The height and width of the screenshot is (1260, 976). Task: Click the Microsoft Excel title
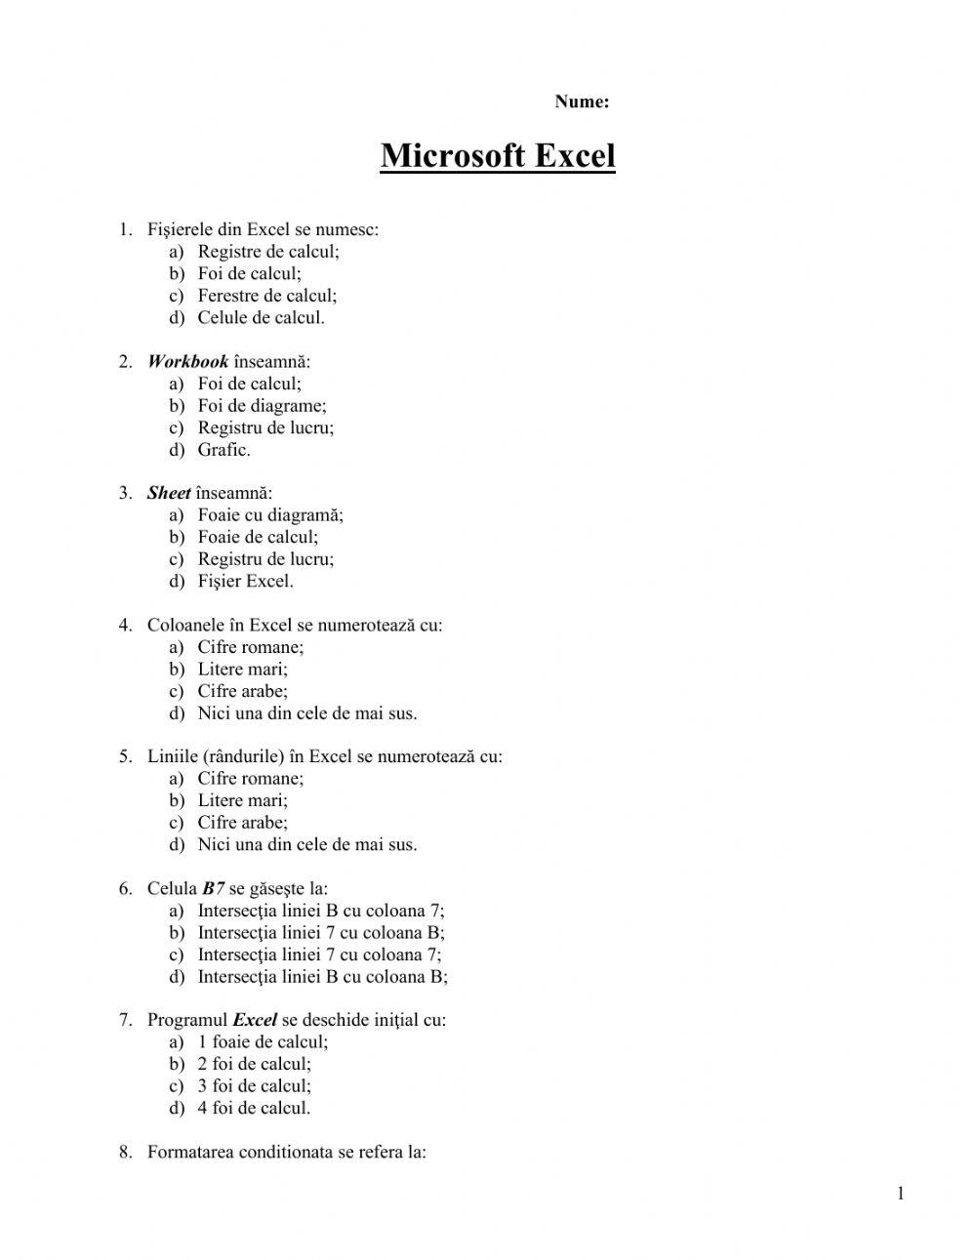coord(498,156)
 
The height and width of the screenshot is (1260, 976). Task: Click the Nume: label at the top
coord(582,102)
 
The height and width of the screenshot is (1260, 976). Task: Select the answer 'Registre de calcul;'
coord(268,252)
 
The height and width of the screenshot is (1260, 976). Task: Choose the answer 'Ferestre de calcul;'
coord(266,296)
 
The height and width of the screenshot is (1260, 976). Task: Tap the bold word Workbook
coord(187,362)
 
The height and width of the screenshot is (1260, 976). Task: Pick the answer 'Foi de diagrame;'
coord(262,406)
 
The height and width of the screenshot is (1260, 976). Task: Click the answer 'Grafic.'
coord(224,450)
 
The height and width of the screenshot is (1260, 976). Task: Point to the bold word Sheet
coord(169,494)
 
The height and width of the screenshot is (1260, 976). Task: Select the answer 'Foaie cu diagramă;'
coord(270,515)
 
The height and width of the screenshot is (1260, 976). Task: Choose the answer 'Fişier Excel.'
coord(245,582)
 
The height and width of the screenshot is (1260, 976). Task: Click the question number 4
coord(125,626)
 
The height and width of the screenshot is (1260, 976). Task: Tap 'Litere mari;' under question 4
coord(242,670)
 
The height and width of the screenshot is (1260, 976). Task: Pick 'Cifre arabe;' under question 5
coord(242,823)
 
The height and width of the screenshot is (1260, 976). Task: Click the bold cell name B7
coord(214,889)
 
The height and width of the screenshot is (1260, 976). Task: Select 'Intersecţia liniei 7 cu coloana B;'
coord(321,933)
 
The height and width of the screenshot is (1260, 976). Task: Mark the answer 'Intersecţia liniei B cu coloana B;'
coord(322,977)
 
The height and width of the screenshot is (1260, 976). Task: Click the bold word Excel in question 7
coord(255,1021)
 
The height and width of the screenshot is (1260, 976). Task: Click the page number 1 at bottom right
coord(900,1194)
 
